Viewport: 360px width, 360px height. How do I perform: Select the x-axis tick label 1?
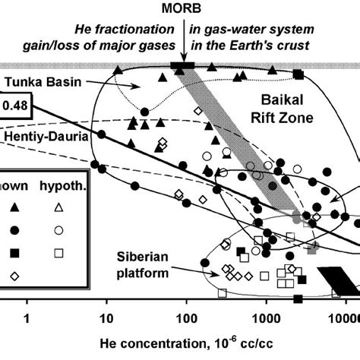click(x=27, y=316)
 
